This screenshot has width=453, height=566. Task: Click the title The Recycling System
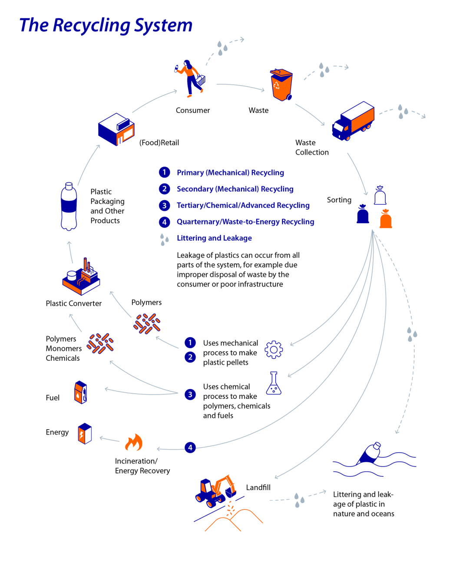pos(106,25)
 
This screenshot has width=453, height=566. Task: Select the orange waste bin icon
pos(281,85)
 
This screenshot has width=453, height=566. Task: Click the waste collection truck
pos(353,121)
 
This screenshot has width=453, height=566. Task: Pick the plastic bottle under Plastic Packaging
pos(69,207)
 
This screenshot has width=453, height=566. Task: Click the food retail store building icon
pos(116,129)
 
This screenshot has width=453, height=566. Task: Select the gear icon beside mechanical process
pos(274,349)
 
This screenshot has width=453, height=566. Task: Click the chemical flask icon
pos(274,383)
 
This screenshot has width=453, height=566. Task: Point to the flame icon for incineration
pos(134,443)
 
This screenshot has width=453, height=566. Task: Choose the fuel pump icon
pos(81,392)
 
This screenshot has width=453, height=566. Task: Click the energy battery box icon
pos(85,433)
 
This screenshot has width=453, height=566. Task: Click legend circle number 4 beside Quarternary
pos(164,222)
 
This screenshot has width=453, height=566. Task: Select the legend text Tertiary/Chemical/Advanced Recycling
pos(243,205)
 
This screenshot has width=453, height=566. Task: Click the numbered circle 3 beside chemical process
pos(190,395)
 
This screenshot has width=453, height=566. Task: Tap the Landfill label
pos(258,487)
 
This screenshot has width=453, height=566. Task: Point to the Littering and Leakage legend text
pos(214,238)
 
